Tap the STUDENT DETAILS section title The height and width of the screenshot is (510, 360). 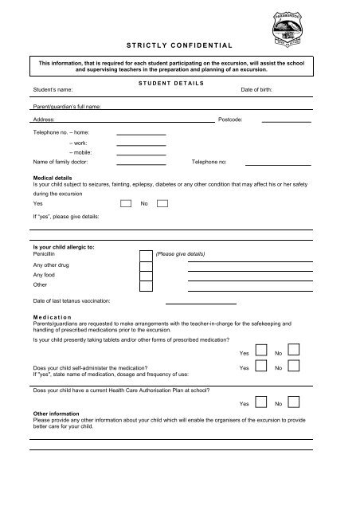(172, 82)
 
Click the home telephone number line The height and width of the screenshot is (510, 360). (141, 134)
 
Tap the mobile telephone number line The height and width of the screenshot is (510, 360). (141, 153)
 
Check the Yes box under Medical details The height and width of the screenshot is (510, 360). (126, 204)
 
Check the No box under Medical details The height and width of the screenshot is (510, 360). (162, 204)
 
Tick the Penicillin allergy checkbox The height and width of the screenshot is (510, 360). (146, 255)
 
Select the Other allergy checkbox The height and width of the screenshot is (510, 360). (146, 285)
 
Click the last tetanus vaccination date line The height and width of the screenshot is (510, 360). (201, 304)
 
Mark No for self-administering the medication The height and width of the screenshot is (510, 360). (293, 367)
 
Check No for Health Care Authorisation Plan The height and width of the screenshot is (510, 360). (293, 403)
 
